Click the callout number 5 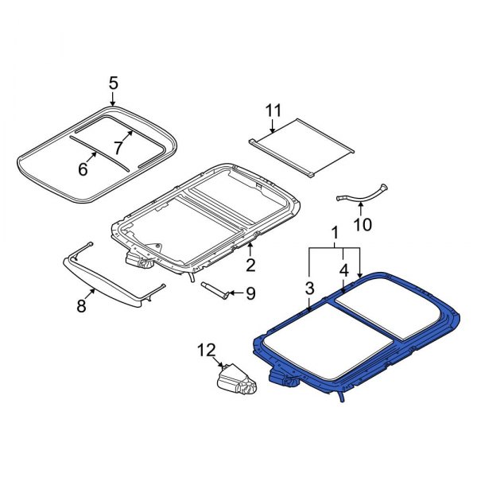113,82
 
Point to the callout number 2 250,265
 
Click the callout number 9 250,294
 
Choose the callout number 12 207,349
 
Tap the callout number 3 310,286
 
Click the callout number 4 343,271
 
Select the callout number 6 81,169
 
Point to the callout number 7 118,147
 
